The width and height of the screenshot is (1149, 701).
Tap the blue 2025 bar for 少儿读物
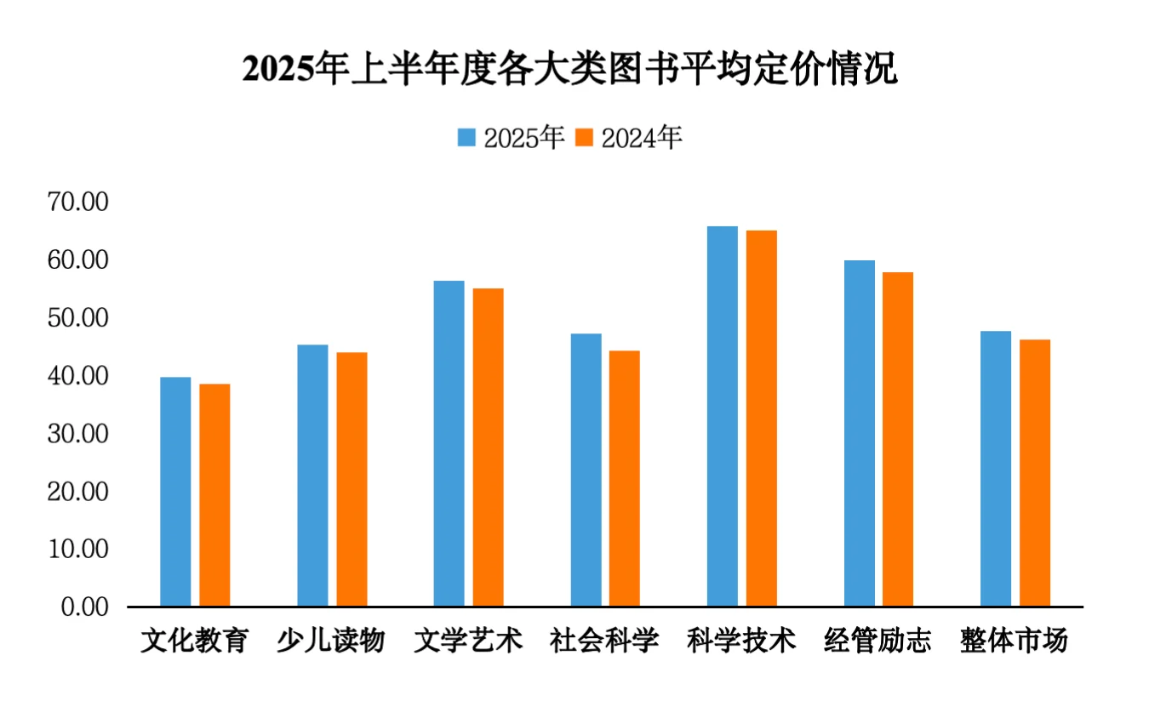312,476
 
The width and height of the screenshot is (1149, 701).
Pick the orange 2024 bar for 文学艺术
489,447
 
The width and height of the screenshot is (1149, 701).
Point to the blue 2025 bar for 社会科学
586,470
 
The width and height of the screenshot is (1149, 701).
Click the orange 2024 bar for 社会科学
625,478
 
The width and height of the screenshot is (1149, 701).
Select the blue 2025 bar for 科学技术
723,416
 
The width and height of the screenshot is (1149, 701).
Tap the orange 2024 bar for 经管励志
898,439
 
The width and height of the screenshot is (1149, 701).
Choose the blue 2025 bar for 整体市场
996,469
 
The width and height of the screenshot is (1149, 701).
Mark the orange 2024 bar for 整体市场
1035,473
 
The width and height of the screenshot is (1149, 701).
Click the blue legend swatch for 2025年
466,138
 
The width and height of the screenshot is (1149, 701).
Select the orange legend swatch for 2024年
584,138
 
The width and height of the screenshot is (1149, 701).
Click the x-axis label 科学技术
741,640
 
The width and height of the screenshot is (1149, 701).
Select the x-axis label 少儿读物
331,640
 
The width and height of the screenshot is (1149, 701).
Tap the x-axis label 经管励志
878,640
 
